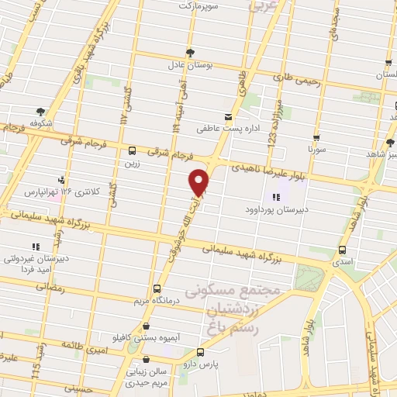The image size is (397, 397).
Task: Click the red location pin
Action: point(199,181)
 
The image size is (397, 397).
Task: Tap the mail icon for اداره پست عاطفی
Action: point(227,117)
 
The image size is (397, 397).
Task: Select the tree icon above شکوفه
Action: point(40,112)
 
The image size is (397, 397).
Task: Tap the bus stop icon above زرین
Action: point(132,151)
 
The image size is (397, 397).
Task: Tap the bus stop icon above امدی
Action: point(343,250)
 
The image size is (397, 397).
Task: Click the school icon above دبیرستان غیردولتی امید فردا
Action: point(35,247)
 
